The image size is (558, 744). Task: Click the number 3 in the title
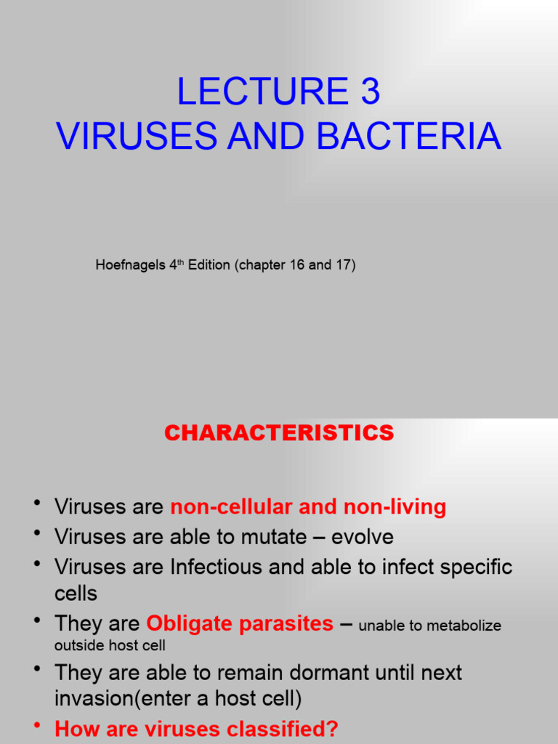point(367,92)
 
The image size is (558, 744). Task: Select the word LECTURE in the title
point(262,92)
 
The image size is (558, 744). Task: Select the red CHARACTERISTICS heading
point(279,433)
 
